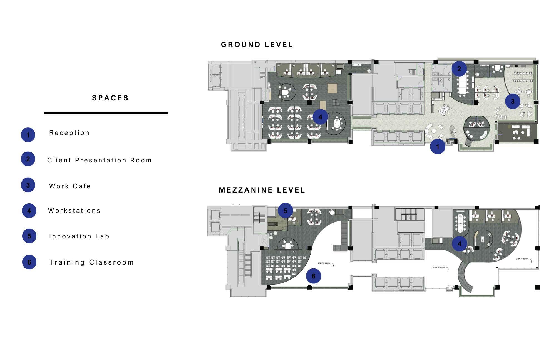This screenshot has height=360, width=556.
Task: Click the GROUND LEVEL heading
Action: (257, 45)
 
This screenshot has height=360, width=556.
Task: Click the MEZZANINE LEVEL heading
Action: (262, 190)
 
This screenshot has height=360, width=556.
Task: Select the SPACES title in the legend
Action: (110, 98)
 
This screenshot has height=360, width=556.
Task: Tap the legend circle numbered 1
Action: (28, 135)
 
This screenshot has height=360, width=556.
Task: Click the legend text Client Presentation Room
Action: (99, 160)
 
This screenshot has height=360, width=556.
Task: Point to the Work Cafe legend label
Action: (70, 186)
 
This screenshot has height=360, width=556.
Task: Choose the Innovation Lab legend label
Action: (79, 236)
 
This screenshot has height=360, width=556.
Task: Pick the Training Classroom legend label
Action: (91, 262)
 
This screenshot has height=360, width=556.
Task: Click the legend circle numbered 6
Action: (29, 262)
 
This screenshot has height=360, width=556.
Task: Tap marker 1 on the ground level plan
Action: (438, 146)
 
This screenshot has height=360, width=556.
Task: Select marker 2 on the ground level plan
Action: (459, 69)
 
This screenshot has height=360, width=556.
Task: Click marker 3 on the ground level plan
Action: (513, 102)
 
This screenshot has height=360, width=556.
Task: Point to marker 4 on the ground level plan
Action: (320, 117)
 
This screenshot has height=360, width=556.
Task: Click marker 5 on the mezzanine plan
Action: (285, 211)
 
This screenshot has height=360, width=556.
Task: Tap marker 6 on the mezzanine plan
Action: (314, 276)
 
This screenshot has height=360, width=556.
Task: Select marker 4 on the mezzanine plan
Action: (459, 244)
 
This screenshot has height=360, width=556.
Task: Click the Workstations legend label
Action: (74, 211)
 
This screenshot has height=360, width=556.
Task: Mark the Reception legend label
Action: (69, 133)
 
